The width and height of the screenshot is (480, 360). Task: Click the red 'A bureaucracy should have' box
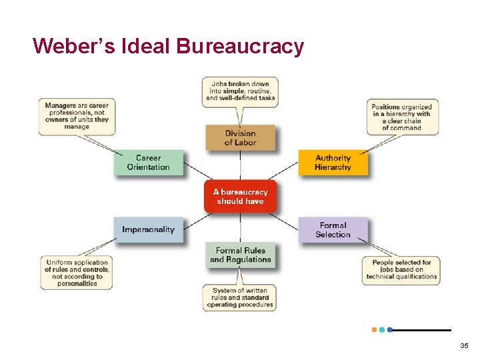(240, 197)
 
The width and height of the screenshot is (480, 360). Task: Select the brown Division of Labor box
(240, 138)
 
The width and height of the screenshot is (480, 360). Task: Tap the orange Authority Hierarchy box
(333, 163)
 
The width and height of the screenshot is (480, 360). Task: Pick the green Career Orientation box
(148, 163)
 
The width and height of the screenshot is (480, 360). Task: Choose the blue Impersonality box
(148, 229)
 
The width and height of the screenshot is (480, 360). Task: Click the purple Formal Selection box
(333, 230)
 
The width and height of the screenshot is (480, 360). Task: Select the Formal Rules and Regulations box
(240, 255)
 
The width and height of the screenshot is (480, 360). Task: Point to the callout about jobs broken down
(240, 90)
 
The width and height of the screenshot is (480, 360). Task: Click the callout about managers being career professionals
(77, 115)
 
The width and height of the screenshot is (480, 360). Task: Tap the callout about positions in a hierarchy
(402, 117)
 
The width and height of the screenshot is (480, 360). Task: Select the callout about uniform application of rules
(76, 273)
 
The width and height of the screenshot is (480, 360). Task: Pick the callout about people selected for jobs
(401, 269)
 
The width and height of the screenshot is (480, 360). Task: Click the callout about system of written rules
(240, 297)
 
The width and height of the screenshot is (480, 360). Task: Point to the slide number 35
(464, 345)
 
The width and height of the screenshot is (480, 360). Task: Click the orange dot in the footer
(374, 329)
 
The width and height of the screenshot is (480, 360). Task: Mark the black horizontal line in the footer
(423, 329)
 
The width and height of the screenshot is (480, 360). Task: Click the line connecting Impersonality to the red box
(193, 217)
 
